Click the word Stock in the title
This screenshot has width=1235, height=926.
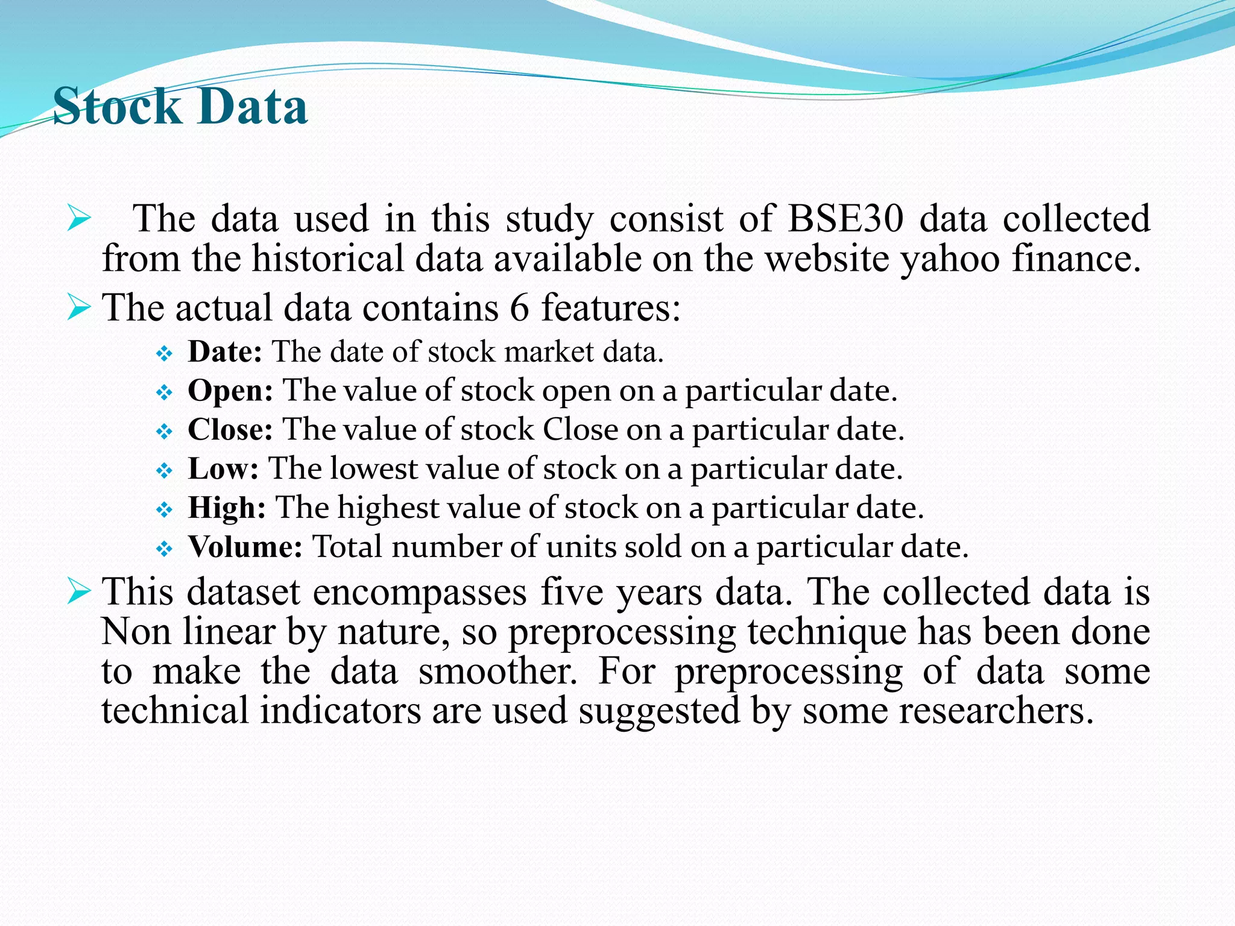(117, 107)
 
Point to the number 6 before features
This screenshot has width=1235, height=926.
(519, 307)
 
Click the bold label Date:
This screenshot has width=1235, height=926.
(225, 351)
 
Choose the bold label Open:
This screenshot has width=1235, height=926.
(230, 391)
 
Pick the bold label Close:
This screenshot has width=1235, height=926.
(230, 429)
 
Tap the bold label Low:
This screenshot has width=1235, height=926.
(223, 468)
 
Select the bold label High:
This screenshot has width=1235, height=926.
(227, 508)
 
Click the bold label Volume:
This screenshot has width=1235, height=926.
(245, 547)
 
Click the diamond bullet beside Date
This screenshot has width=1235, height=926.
(164, 353)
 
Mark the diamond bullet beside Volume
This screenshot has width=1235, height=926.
(164, 549)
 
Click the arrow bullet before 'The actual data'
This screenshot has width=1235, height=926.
(78, 307)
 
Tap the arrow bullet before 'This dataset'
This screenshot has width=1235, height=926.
(78, 591)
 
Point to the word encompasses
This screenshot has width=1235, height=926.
(420, 592)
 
